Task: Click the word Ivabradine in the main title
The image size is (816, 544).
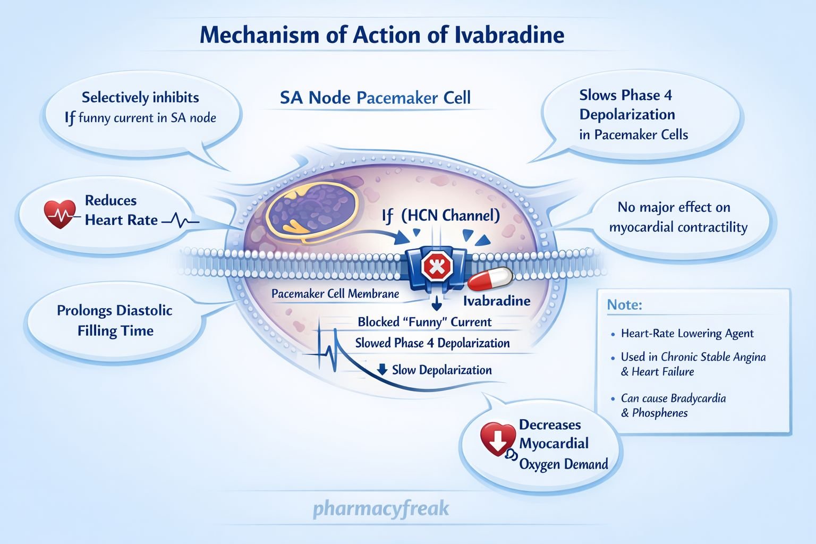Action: point(509,35)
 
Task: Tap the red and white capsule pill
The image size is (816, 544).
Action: point(489,279)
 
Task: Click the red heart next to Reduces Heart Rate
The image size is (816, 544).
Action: point(60,214)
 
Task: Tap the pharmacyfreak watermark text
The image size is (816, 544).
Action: point(381,508)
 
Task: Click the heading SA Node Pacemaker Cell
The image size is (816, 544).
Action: point(375,98)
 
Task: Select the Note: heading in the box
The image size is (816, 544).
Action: point(624,305)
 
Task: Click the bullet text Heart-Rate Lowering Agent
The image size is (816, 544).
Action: point(687,334)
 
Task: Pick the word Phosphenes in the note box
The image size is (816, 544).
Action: point(660,413)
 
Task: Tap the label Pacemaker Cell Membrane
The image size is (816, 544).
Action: point(335,294)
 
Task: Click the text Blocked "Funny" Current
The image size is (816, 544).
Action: point(424,322)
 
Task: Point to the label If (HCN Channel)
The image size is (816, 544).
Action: point(440,216)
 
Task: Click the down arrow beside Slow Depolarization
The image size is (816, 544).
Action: point(382,370)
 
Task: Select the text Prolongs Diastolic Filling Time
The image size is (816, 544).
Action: point(115,320)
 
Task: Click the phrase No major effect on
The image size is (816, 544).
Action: point(674,207)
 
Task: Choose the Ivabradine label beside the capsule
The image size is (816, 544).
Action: point(497,301)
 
